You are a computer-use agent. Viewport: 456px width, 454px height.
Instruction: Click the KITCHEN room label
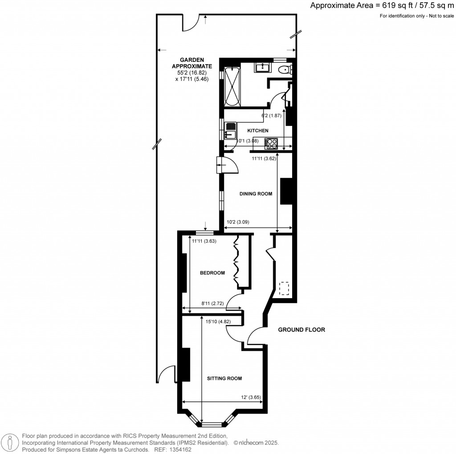tap(258, 130)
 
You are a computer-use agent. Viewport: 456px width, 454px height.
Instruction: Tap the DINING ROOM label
tap(256, 194)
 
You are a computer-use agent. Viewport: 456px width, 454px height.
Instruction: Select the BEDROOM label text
tap(212, 273)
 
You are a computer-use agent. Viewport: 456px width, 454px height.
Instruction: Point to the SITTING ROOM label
tap(224, 378)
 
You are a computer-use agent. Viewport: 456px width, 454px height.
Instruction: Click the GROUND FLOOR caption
tap(301, 330)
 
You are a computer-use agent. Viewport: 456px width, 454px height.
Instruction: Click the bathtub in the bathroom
tap(232, 86)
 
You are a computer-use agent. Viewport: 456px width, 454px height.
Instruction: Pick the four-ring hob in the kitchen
tap(271, 144)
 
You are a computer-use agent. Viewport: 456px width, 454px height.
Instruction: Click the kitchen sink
tap(231, 130)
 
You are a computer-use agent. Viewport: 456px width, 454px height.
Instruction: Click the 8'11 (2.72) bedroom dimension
tap(212, 304)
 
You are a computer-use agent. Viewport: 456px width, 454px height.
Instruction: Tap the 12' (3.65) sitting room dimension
tap(251, 397)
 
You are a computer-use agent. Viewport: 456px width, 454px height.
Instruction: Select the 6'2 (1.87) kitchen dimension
tap(271, 115)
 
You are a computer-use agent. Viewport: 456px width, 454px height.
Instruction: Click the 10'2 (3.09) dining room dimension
tap(238, 222)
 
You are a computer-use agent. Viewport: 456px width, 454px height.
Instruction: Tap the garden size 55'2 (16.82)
tap(192, 73)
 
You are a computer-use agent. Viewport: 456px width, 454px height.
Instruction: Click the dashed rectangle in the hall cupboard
tap(284, 288)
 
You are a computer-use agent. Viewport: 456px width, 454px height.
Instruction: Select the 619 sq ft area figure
tap(397, 5)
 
